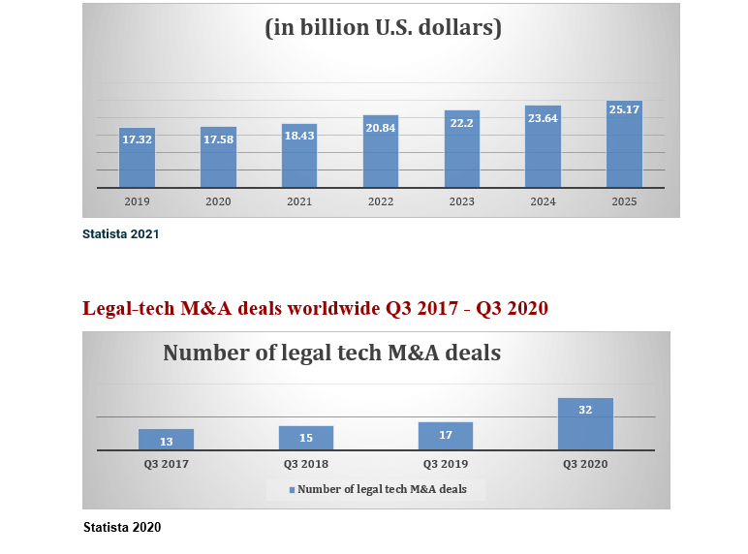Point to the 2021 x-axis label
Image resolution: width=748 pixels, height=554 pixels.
tap(299, 201)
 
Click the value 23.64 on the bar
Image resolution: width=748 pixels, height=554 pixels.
tap(543, 119)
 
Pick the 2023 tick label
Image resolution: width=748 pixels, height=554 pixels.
tap(461, 201)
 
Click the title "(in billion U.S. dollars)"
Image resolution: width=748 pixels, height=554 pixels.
tap(383, 28)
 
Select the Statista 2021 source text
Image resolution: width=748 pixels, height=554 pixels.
tap(121, 234)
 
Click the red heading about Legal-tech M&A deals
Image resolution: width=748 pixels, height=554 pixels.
tap(315, 309)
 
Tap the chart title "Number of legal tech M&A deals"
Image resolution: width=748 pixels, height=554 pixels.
tap(331, 353)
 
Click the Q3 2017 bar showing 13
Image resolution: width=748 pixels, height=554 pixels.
tap(166, 440)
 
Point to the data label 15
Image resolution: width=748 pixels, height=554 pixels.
tap(306, 438)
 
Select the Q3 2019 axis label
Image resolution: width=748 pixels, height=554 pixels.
tap(446, 464)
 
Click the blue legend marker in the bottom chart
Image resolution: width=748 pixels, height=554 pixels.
tap(293, 490)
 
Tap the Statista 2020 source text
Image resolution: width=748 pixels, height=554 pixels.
tap(122, 528)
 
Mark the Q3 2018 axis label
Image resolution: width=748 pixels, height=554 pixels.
tap(306, 464)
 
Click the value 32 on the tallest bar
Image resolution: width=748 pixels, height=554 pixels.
tap(585, 410)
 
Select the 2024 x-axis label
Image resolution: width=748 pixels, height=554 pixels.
tap(543, 201)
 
